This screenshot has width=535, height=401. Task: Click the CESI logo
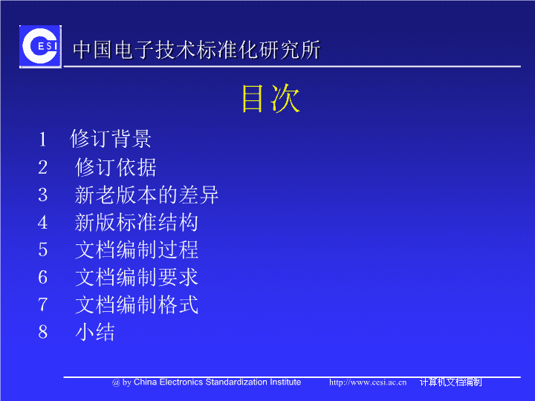tap(41, 46)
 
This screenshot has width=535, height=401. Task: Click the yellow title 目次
tap(270, 98)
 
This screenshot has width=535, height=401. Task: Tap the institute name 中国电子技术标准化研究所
tap(196, 50)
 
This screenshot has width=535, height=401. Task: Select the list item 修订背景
tap(111, 139)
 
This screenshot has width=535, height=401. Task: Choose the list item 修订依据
tap(116, 167)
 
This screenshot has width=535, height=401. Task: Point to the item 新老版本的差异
tap(146, 195)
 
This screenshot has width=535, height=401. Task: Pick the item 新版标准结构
tap(137, 222)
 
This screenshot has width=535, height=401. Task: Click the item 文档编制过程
tap(137, 250)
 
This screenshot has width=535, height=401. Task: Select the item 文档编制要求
tap(137, 277)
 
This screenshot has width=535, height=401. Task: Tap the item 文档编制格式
tap(137, 304)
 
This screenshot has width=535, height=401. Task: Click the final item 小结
tap(95, 332)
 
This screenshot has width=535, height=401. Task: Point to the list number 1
tap(42, 140)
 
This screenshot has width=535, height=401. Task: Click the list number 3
tap(42, 195)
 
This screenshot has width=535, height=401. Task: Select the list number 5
tap(42, 250)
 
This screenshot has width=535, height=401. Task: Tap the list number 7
tap(42, 304)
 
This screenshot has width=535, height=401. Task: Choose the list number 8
tap(42, 332)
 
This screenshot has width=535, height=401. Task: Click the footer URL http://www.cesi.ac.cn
tap(368, 382)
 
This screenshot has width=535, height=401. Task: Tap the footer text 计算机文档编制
tap(451, 382)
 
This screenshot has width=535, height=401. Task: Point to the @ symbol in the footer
tap(116, 383)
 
